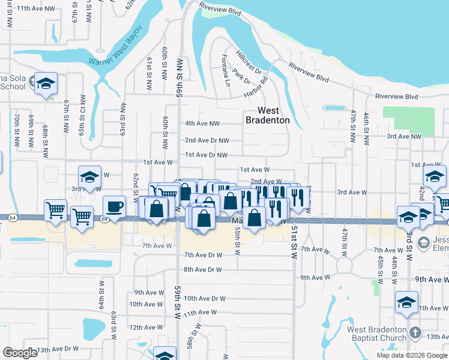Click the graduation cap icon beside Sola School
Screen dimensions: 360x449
click(x=45, y=85)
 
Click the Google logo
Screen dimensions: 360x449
click(x=20, y=353)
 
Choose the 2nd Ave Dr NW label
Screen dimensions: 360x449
click(x=206, y=140)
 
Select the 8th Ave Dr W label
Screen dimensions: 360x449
click(x=203, y=270)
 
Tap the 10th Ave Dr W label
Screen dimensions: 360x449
click(x=204, y=298)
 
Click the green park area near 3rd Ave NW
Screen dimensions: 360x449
click(x=408, y=120)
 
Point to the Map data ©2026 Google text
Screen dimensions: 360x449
click(x=411, y=355)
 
